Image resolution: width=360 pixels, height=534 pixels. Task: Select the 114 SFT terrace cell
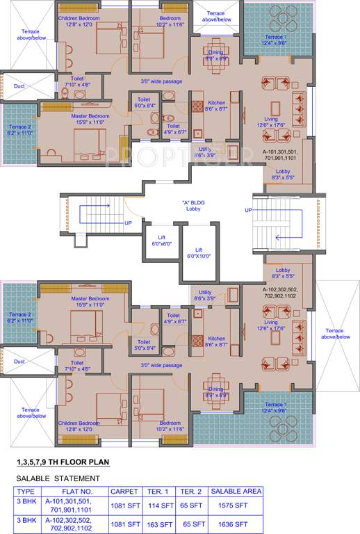point(159,505)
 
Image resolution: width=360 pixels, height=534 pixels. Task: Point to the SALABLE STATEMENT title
point(58,478)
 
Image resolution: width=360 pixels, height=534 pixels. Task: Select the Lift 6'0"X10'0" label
point(198,252)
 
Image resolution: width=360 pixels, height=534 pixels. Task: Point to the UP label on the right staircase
point(248,209)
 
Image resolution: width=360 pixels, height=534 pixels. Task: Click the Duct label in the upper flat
point(19,86)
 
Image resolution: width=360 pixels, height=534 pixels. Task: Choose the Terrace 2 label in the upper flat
point(19,129)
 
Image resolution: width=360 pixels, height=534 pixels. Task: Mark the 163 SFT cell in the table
point(159,524)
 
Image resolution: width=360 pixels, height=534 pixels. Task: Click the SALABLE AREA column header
point(236,491)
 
